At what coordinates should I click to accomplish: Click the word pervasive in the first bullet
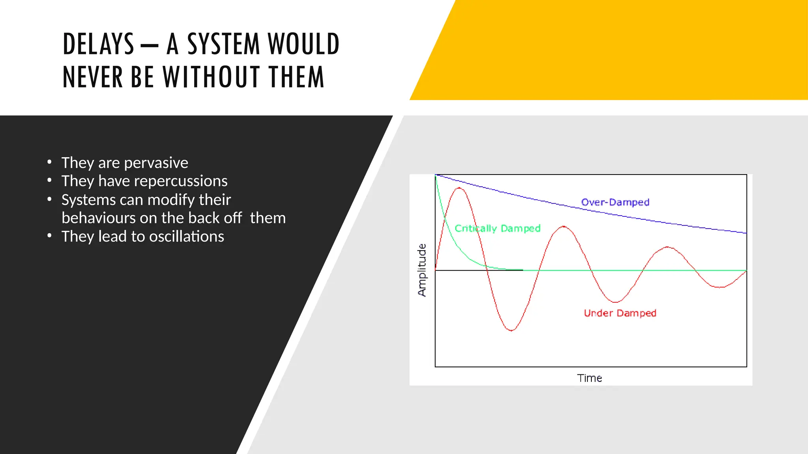point(156,163)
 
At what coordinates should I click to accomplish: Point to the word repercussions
point(182,181)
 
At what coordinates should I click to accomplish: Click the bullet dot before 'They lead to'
point(49,236)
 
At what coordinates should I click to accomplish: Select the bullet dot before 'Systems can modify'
point(49,199)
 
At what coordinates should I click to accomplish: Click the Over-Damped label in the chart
point(615,202)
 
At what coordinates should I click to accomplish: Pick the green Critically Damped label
point(498,229)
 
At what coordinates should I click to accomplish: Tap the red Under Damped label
point(620,313)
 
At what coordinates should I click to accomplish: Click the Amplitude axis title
point(422,270)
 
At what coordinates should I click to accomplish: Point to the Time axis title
point(589,378)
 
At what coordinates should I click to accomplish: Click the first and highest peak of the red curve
point(459,188)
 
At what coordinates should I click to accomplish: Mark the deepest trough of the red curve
point(511,330)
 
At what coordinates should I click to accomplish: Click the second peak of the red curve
point(564,227)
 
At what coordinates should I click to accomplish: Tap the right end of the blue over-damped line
point(746,233)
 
